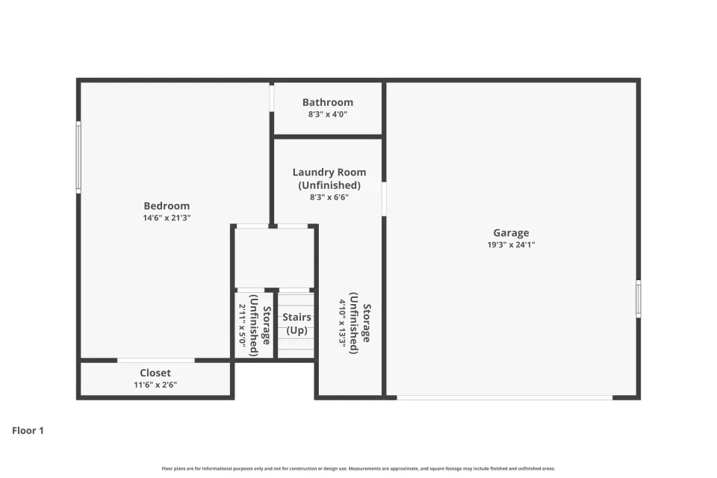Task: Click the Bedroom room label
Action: pos(167,206)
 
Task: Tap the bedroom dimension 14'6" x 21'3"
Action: pos(167,218)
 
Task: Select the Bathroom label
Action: pos(327,102)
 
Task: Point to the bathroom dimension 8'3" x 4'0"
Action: pos(327,114)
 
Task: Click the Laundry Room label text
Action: pos(329,172)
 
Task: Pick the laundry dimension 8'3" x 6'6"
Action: pos(329,197)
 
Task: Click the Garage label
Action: pos(511,233)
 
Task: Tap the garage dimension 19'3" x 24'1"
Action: pos(511,245)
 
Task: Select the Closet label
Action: pos(155,373)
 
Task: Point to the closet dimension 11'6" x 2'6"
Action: pos(155,385)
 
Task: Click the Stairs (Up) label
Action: pos(297,323)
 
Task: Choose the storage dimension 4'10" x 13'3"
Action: pos(343,323)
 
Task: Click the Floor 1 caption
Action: pos(28,430)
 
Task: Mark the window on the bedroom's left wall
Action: pos(78,157)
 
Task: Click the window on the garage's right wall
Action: pos(639,299)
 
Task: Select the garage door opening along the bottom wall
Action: pos(504,397)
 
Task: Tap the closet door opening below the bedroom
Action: pos(156,361)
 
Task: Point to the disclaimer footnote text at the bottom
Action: pos(358,468)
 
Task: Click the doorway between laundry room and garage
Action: pos(384,199)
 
